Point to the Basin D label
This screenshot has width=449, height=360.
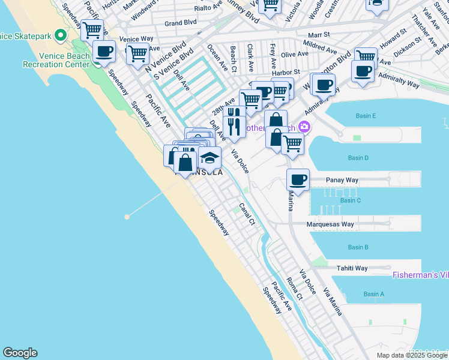click(358, 158)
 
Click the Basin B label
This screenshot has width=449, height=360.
click(358, 247)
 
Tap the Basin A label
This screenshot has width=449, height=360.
click(373, 294)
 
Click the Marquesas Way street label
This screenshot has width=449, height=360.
click(331, 224)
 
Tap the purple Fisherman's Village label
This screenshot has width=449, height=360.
click(420, 275)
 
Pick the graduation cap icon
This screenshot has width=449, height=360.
click(209, 158)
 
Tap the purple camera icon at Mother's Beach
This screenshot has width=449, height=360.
click(305, 127)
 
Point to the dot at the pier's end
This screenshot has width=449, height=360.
click(127, 217)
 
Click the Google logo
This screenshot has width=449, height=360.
click(20, 353)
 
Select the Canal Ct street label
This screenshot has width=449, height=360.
click(247, 214)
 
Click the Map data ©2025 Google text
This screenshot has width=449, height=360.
click(412, 355)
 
